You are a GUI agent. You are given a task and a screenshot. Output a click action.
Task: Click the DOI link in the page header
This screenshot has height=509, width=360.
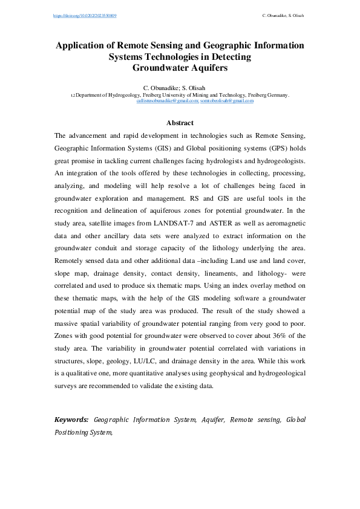tap(84, 15)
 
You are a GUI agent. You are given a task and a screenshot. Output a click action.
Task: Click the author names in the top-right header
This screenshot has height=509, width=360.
tap(283, 15)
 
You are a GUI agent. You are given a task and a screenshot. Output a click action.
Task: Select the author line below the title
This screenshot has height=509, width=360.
tap(180, 88)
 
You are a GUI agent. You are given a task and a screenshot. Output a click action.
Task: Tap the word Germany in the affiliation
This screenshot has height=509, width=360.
tap(277, 95)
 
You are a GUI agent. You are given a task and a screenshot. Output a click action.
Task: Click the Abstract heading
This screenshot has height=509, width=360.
tap(180, 123)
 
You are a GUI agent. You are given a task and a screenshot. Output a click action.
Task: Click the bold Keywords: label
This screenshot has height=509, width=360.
tap(71, 419)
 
